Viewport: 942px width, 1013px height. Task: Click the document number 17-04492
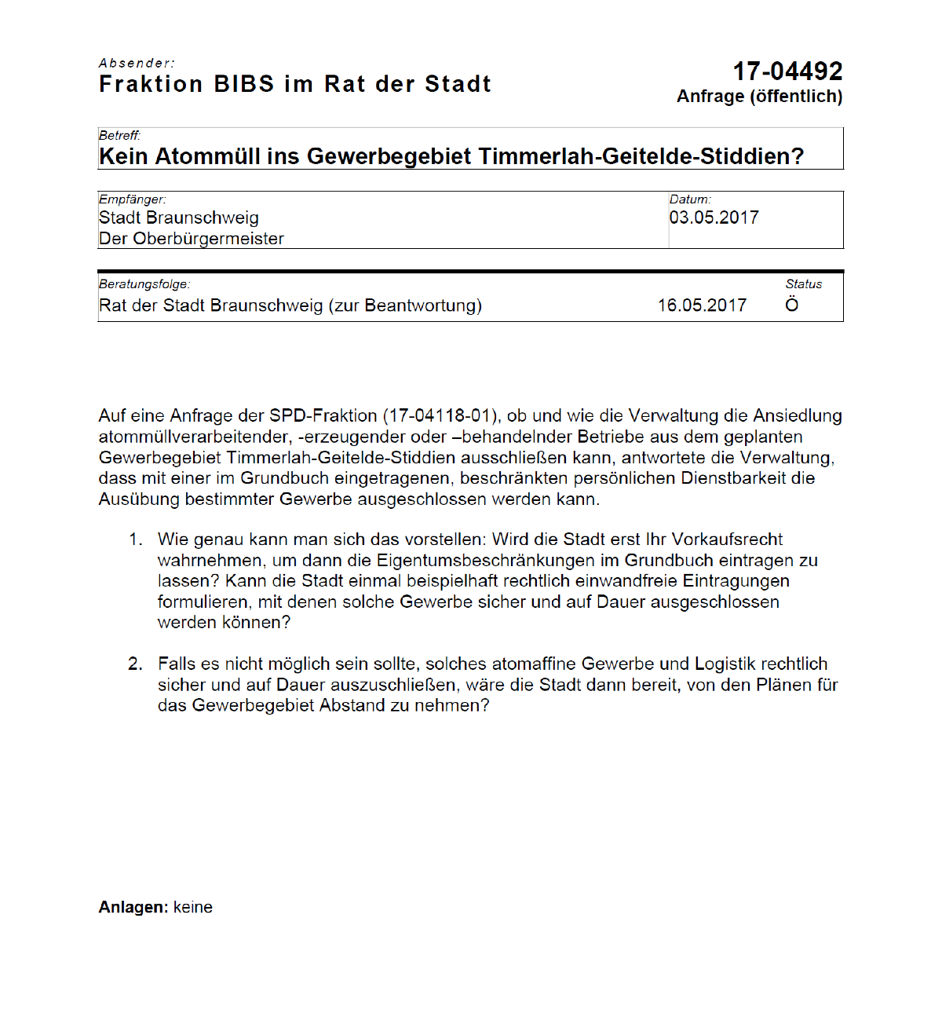(787, 71)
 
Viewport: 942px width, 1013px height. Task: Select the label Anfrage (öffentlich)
(759, 97)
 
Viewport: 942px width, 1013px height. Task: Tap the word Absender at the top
(137, 63)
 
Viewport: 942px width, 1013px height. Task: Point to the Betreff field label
(119, 135)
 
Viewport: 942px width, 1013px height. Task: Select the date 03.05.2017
(714, 218)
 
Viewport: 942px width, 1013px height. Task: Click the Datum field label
(689, 199)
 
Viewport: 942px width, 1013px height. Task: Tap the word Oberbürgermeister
(208, 239)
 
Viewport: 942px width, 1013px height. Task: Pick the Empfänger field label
(132, 199)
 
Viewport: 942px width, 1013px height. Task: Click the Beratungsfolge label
(144, 284)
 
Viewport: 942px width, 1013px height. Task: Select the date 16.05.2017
(702, 305)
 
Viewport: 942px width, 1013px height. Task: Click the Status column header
(803, 284)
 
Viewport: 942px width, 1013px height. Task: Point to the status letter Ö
(792, 305)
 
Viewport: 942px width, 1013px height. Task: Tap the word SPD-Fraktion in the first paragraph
(323, 416)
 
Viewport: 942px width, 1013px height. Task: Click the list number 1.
(136, 539)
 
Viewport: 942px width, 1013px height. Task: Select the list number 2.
(135, 664)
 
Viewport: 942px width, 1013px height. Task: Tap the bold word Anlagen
(133, 908)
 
